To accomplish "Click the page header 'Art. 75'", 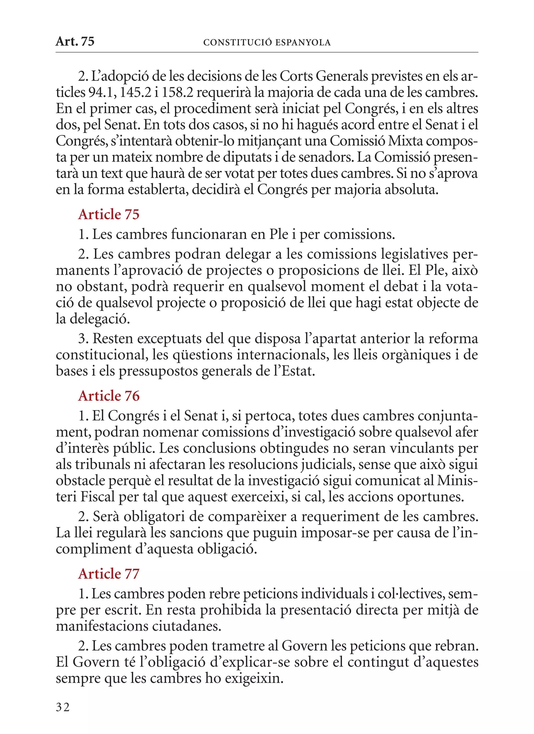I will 75,41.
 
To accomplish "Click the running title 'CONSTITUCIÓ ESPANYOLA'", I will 267,43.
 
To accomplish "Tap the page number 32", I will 63,707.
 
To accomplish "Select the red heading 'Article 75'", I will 108,215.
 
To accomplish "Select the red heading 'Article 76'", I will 108,396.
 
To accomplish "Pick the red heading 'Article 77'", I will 108,574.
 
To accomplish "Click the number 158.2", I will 177,93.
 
